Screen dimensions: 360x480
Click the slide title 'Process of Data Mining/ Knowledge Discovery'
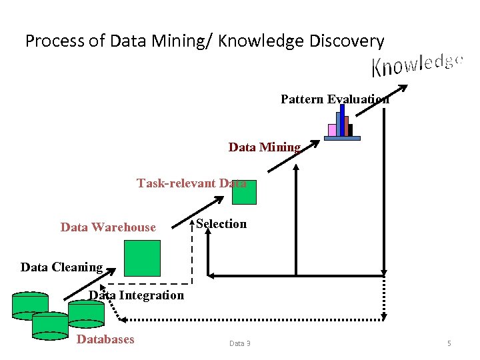(205, 41)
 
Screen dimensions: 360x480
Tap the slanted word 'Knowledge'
(417, 65)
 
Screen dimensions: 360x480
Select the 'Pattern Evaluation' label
(335, 99)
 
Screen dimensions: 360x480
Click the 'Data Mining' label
(265, 147)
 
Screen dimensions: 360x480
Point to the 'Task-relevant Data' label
(191, 183)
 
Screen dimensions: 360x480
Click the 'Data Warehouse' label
(108, 227)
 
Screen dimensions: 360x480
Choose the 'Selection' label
(221, 224)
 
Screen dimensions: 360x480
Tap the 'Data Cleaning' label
(61, 267)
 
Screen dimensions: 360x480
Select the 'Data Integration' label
(137, 295)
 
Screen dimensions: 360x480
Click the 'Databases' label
(106, 339)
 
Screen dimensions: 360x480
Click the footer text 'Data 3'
(240, 343)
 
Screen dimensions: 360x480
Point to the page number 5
(449, 343)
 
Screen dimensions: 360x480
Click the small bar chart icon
(343, 123)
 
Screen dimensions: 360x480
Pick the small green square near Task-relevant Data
(244, 192)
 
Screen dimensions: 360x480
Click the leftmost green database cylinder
(30, 305)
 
